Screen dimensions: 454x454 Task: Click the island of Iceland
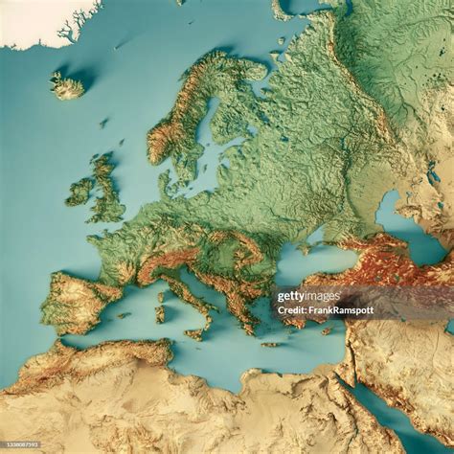[x=67, y=87]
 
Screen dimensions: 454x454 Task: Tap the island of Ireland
[x=80, y=192]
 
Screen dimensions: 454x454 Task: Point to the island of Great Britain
[x=107, y=191]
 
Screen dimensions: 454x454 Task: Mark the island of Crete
[x=271, y=344]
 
